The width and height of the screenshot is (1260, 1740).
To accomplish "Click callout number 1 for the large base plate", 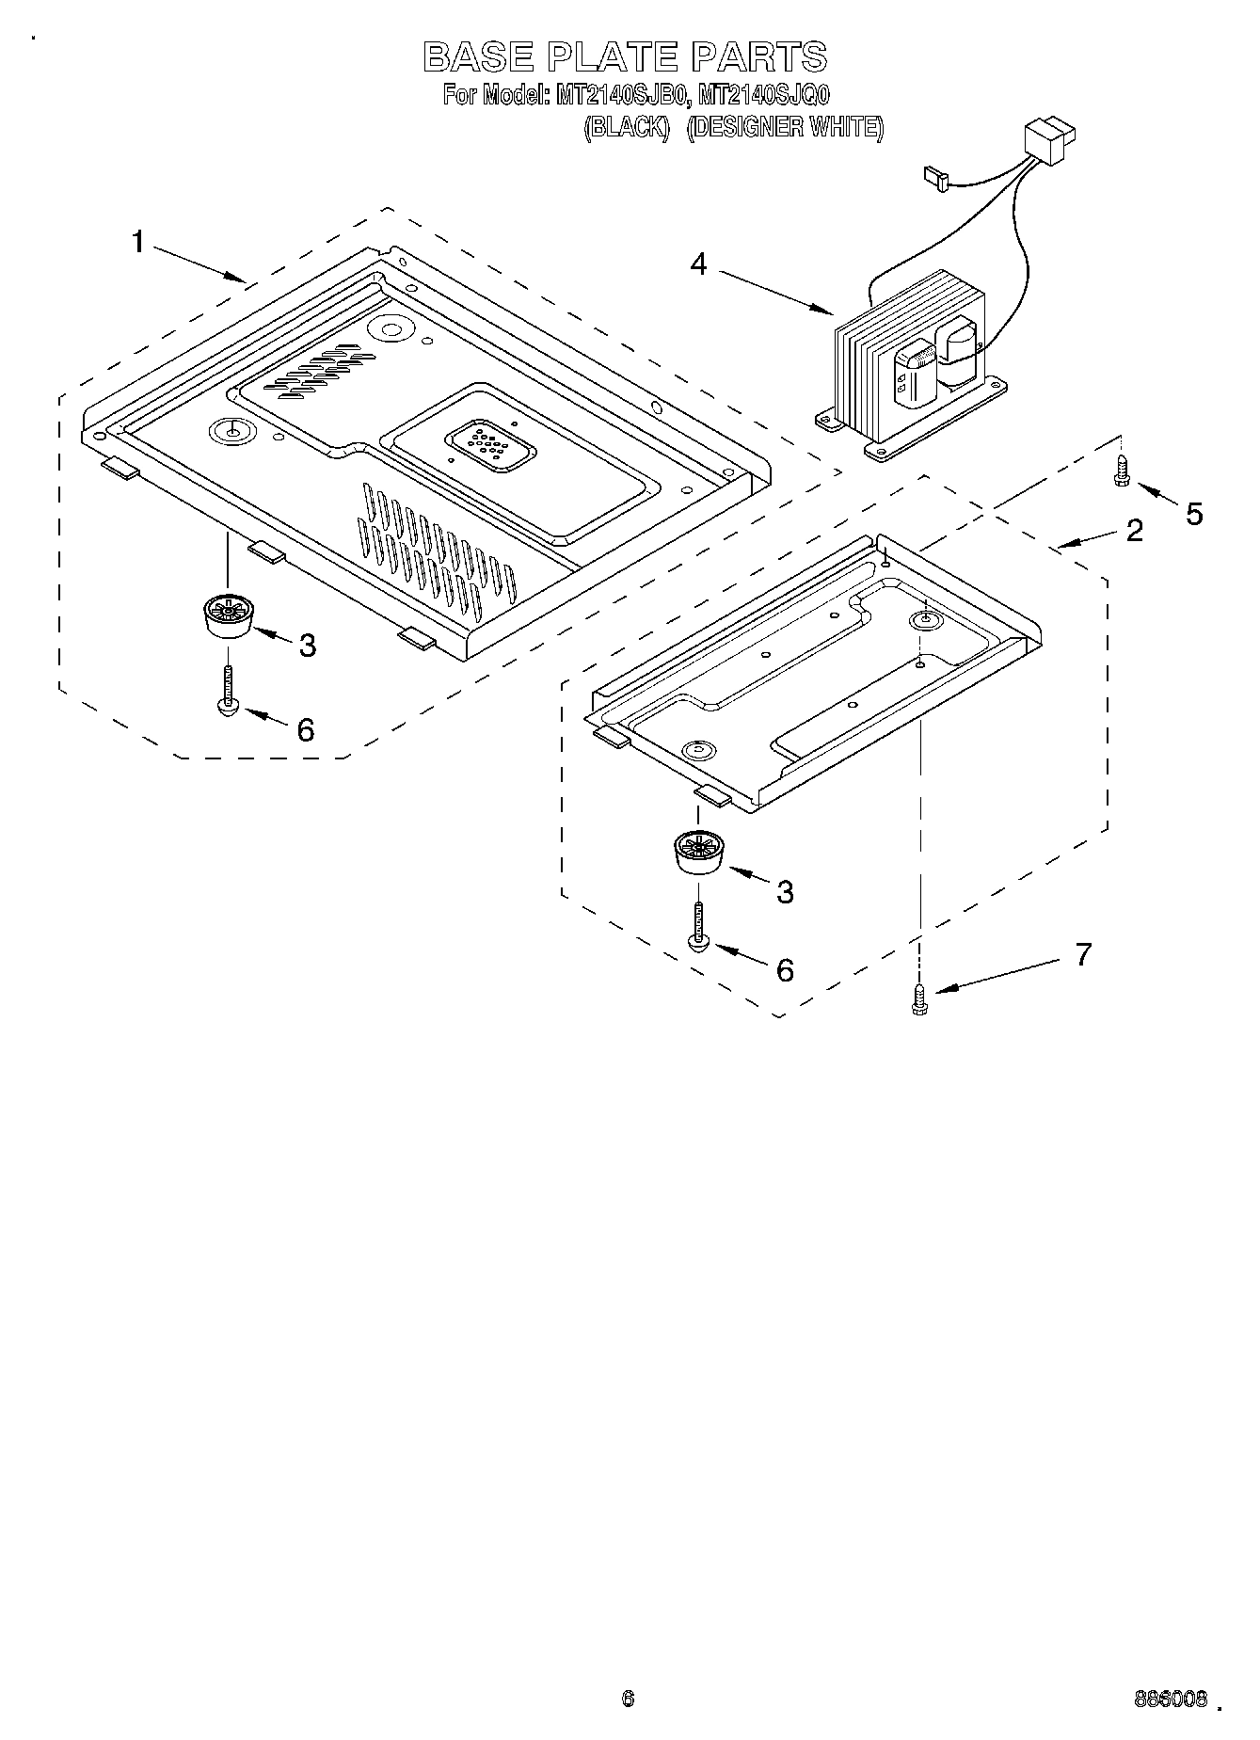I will click(137, 243).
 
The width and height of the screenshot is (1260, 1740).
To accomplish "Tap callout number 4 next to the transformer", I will click(698, 263).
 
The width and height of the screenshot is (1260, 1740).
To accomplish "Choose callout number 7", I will click(1083, 954).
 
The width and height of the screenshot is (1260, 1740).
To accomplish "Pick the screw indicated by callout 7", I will click(919, 998).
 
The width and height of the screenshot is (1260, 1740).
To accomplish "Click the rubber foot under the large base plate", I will click(227, 616).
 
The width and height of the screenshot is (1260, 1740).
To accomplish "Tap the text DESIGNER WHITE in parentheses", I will click(785, 127).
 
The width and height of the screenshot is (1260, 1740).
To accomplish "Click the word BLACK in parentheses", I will click(626, 127).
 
